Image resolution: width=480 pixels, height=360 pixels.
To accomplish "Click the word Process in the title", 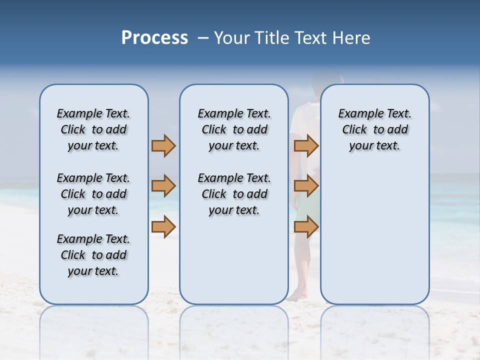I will point(154,38).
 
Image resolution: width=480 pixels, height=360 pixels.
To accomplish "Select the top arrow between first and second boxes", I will point(163,145).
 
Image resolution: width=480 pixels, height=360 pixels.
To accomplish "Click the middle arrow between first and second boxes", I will point(163,186).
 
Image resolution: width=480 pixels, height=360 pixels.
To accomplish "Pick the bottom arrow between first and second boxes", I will point(163,226).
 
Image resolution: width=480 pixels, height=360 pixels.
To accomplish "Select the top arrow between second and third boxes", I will point(306,145).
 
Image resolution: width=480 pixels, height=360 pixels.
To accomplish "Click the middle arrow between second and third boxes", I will point(306,186).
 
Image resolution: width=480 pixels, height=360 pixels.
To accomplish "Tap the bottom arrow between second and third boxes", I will point(306,226).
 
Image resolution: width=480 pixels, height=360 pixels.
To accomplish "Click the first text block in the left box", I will point(93,129).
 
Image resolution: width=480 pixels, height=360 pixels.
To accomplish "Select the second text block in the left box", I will point(93,194).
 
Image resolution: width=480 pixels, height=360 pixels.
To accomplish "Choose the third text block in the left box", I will point(93,255).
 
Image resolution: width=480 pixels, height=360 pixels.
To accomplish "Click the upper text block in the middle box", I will point(234,129).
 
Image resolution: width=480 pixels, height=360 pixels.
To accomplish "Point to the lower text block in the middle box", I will point(234,194).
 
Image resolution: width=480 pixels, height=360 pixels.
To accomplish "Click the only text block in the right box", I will point(375,129).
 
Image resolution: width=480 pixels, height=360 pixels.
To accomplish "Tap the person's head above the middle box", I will point(327,78).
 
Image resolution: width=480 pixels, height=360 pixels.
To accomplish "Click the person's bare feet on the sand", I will point(299,296).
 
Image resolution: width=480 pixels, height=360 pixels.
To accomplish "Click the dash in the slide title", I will point(203,38).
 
